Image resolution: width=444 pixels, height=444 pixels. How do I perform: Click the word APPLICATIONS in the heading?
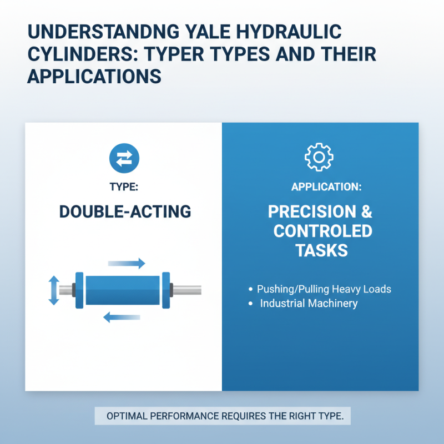coord(94,76)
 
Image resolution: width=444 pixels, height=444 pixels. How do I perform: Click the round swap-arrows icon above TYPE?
coord(124,158)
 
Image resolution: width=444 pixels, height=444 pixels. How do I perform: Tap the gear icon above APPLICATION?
coord(319,158)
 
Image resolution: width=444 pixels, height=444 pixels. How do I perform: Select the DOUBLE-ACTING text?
coord(124,211)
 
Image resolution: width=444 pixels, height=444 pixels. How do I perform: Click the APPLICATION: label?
coord(326,187)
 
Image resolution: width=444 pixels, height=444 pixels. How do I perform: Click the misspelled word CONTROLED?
coord(322,230)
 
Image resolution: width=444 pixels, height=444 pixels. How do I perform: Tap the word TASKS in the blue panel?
coord(322,250)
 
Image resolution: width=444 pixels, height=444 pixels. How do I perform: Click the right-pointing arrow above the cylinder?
coord(127,263)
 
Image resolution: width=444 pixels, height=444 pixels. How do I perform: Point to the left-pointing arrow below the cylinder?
coord(122,317)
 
